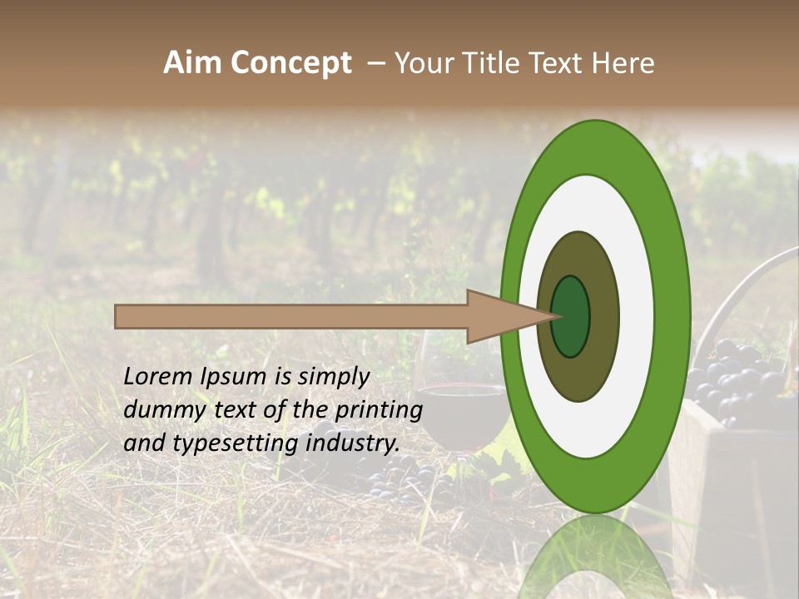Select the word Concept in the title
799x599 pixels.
(291, 63)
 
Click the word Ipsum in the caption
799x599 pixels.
(235, 377)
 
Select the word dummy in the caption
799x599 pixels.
(161, 410)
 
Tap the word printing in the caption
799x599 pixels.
(379, 410)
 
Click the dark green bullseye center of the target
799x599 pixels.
(570, 316)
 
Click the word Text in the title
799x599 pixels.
(559, 63)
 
